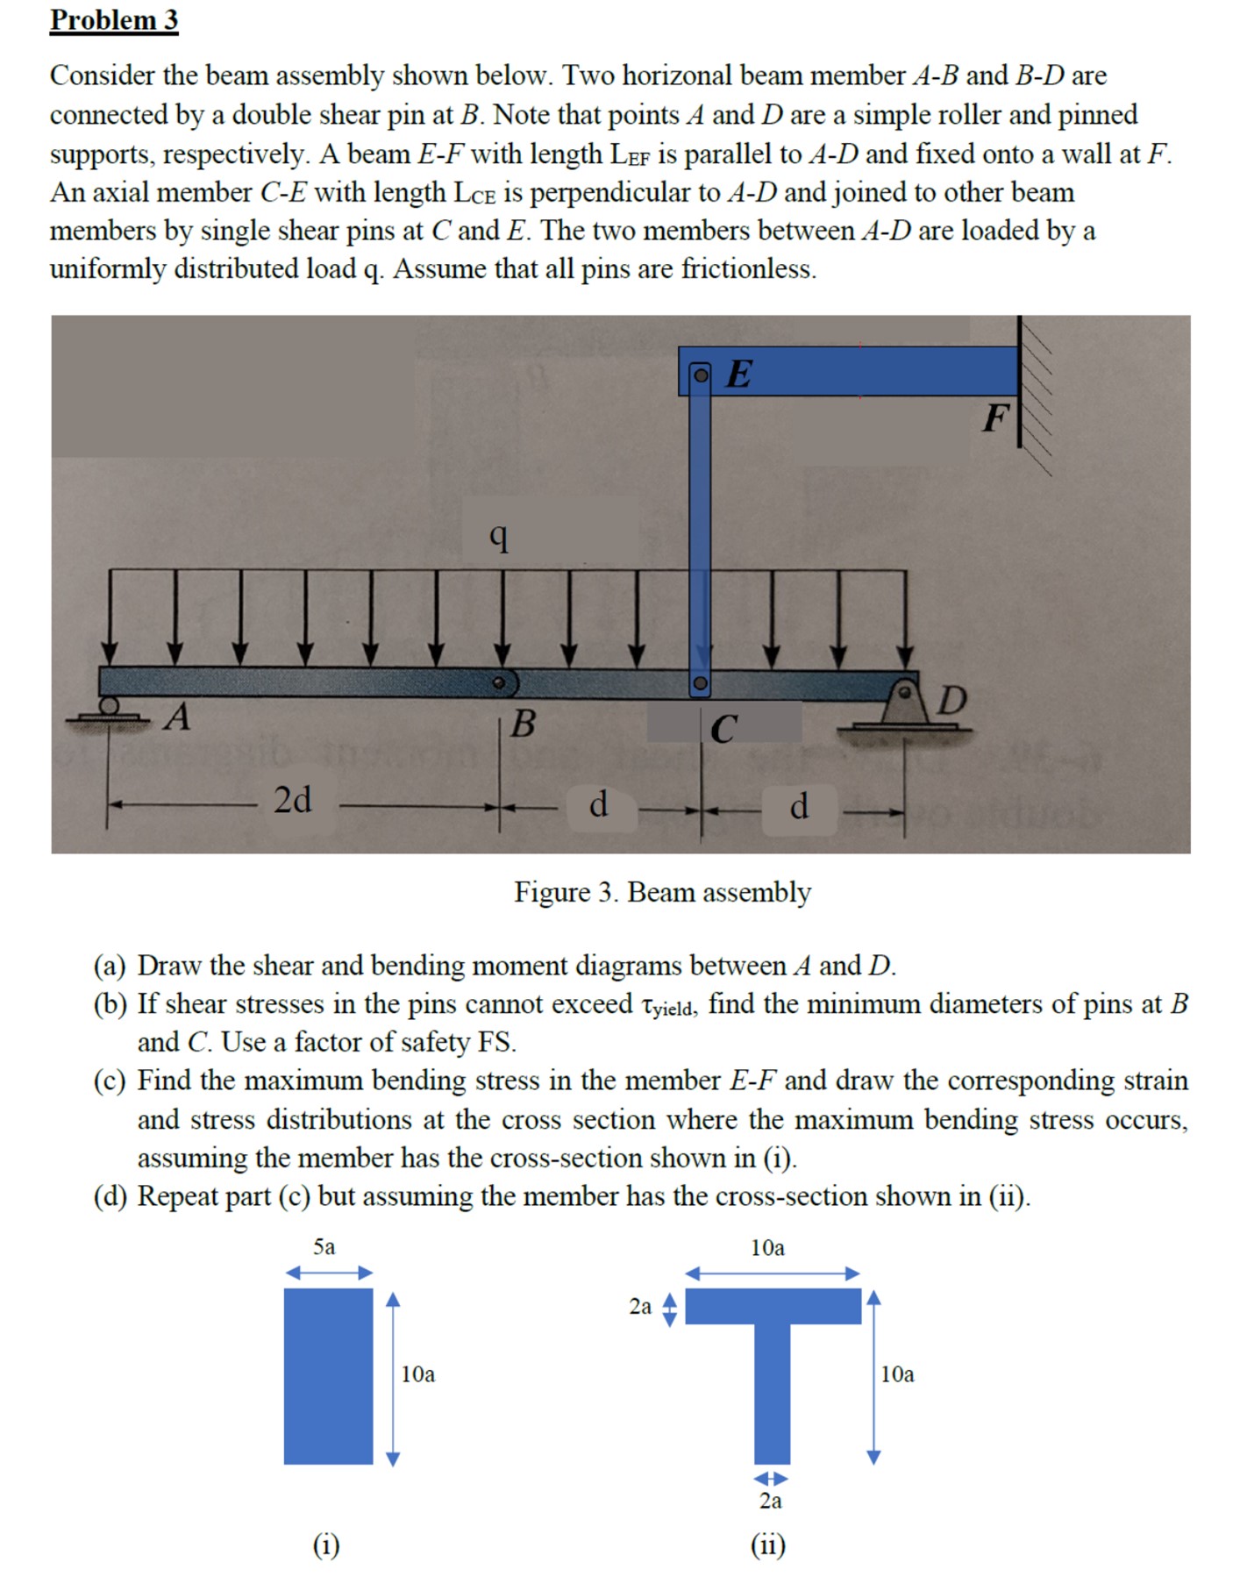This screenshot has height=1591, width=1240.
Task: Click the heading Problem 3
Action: tap(114, 19)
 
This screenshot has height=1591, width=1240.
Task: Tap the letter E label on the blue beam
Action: tap(739, 375)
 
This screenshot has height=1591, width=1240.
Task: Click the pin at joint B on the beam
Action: tap(498, 682)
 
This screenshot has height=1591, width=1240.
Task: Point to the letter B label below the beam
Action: tap(523, 724)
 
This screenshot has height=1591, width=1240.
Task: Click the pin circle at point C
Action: tap(699, 682)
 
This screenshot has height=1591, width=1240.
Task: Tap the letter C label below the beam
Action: tap(723, 729)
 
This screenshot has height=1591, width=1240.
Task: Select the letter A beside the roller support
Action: tap(178, 717)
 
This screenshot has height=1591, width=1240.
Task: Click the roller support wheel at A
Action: tap(109, 705)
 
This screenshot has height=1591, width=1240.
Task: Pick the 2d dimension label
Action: tap(292, 800)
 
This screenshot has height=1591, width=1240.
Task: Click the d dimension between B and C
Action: tap(598, 803)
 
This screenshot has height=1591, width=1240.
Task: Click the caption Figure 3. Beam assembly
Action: tap(662, 892)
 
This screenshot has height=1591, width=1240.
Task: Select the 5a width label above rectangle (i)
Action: tap(324, 1247)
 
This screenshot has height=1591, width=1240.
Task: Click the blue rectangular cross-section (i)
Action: tap(328, 1376)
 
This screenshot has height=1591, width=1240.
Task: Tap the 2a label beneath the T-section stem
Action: tap(771, 1501)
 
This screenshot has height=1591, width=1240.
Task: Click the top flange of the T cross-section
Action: tap(773, 1306)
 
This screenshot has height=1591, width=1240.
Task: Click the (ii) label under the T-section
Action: tap(768, 1545)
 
